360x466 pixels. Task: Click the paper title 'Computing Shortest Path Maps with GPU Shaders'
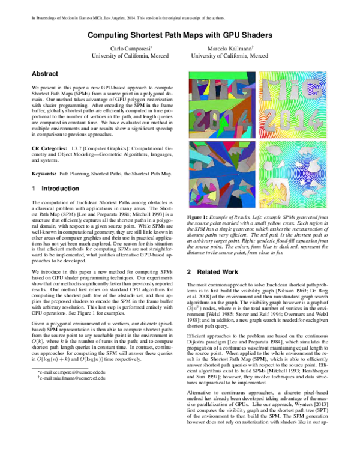click(x=180, y=35)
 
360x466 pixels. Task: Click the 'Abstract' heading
click(x=45, y=73)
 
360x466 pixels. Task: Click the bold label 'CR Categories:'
click(x=50, y=147)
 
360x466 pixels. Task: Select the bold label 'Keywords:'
click(x=44, y=173)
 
